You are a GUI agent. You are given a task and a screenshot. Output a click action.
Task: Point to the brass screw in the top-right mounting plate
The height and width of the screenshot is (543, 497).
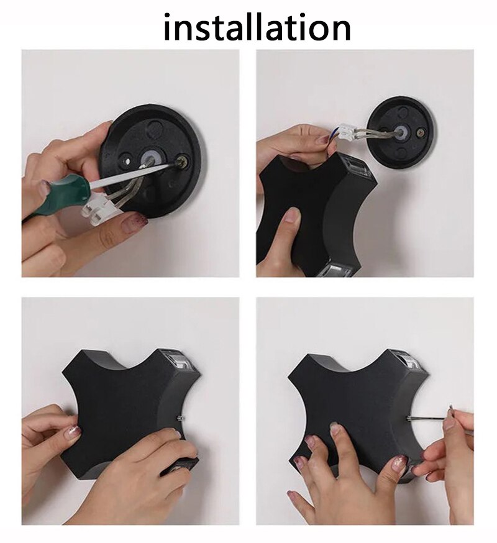pos(422,132)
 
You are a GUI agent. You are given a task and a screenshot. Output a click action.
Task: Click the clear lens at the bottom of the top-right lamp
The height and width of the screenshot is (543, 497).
pos(333,270)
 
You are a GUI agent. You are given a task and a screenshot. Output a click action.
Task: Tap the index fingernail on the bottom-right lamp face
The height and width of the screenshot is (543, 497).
pos(335,428)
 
